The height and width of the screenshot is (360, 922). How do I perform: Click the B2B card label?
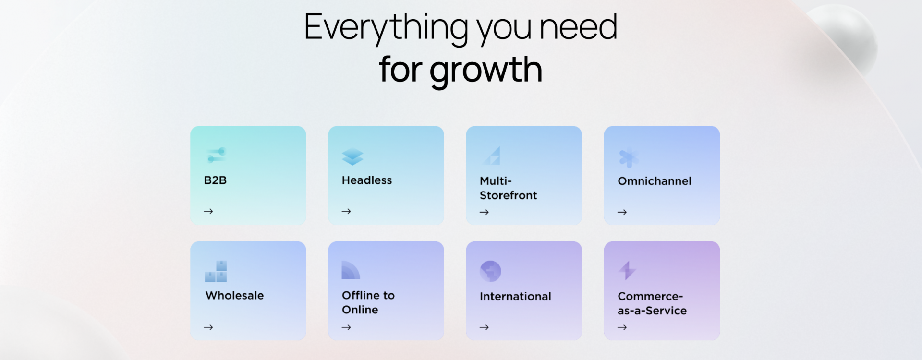215,180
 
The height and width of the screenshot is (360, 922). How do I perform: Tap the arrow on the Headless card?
346,211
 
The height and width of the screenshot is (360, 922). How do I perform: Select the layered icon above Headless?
352,156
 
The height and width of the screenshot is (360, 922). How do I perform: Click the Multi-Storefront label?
508,188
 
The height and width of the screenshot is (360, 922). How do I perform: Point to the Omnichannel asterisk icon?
629,158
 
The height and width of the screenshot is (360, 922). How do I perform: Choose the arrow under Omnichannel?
622,212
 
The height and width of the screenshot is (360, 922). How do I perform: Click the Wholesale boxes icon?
216,271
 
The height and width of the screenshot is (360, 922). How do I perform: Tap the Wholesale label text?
234,296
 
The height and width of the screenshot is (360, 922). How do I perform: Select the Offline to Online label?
368,302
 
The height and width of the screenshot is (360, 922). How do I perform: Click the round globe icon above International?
490,271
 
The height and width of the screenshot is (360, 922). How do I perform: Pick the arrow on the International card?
484,327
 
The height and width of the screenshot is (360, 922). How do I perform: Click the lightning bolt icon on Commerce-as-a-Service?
627,270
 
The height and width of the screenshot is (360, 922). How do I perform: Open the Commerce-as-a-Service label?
652,303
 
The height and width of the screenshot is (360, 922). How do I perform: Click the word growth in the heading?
486,71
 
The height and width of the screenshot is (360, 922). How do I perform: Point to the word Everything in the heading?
387,28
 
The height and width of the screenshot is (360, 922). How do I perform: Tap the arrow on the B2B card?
208,211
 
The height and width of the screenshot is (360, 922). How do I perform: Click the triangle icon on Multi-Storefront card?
492,156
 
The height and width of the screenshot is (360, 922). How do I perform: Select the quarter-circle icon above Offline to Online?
350,270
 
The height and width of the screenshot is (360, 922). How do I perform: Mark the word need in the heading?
578,27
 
